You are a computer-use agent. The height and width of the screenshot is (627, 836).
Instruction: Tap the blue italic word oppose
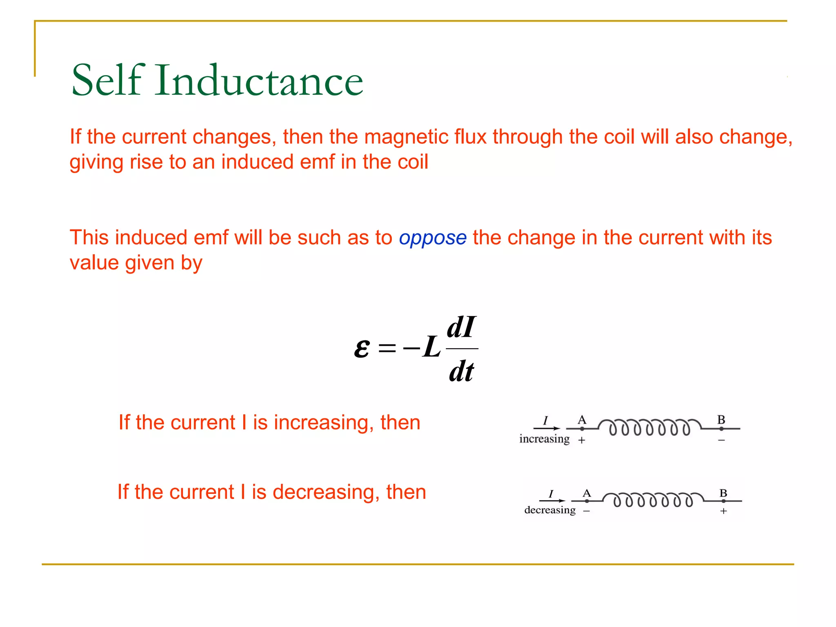pyautogui.click(x=433, y=238)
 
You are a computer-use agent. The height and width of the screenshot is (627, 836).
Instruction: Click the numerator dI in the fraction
pyautogui.click(x=461, y=327)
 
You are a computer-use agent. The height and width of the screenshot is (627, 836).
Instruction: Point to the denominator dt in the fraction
pyautogui.click(x=461, y=371)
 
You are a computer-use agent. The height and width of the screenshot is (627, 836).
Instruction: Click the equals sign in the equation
pyautogui.click(x=387, y=348)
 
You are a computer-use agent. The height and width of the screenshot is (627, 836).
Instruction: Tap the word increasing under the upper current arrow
pyautogui.click(x=544, y=439)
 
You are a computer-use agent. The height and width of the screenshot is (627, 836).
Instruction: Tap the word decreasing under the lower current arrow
pyautogui.click(x=550, y=510)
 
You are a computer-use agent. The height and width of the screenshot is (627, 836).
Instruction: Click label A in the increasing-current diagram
pyautogui.click(x=582, y=419)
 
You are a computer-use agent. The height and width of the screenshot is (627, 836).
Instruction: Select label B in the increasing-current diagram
pyautogui.click(x=721, y=419)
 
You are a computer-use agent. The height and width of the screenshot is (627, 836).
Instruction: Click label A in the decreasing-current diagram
pyautogui.click(x=587, y=493)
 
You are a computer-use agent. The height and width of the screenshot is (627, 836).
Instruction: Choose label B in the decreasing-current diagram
pyautogui.click(x=723, y=493)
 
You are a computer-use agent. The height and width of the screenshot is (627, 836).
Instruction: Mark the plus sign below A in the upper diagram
pyautogui.click(x=582, y=440)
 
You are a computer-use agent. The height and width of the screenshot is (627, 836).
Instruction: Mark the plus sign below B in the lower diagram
pyautogui.click(x=723, y=511)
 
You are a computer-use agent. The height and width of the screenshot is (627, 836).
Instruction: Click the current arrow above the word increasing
pyautogui.click(x=547, y=428)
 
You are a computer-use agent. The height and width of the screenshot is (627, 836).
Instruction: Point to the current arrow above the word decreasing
pyautogui.click(x=552, y=500)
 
